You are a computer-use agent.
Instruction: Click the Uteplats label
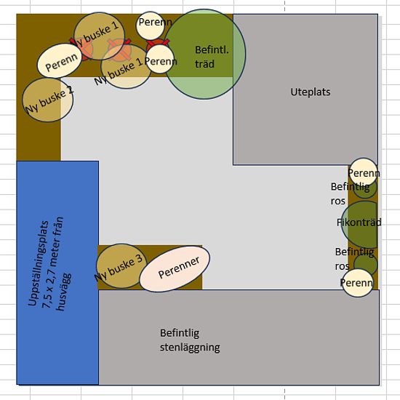click(311, 92)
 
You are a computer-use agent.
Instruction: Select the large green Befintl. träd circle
click(204, 54)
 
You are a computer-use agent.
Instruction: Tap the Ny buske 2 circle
click(48, 100)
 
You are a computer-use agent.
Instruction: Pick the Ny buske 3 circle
click(121, 266)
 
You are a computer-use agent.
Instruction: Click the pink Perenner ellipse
click(175, 268)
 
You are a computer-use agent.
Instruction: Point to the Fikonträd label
click(359, 223)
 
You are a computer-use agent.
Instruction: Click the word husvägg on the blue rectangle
click(64, 292)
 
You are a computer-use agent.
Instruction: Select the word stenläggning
click(190, 348)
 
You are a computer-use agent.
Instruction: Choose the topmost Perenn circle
click(151, 25)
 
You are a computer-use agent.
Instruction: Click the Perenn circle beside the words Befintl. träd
click(160, 59)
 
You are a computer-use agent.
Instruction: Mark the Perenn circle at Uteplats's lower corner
click(363, 172)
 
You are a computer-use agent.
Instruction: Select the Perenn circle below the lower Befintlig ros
click(357, 283)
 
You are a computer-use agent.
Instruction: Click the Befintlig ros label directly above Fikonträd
click(350, 193)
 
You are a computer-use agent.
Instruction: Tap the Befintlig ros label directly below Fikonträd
click(354, 259)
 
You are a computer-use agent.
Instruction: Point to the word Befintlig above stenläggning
click(180, 333)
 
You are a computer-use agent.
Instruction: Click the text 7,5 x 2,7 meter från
click(52, 263)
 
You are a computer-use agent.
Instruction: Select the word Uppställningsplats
click(38, 263)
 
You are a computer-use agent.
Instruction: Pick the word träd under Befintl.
click(204, 64)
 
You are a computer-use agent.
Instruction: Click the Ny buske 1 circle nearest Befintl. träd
click(126, 66)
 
